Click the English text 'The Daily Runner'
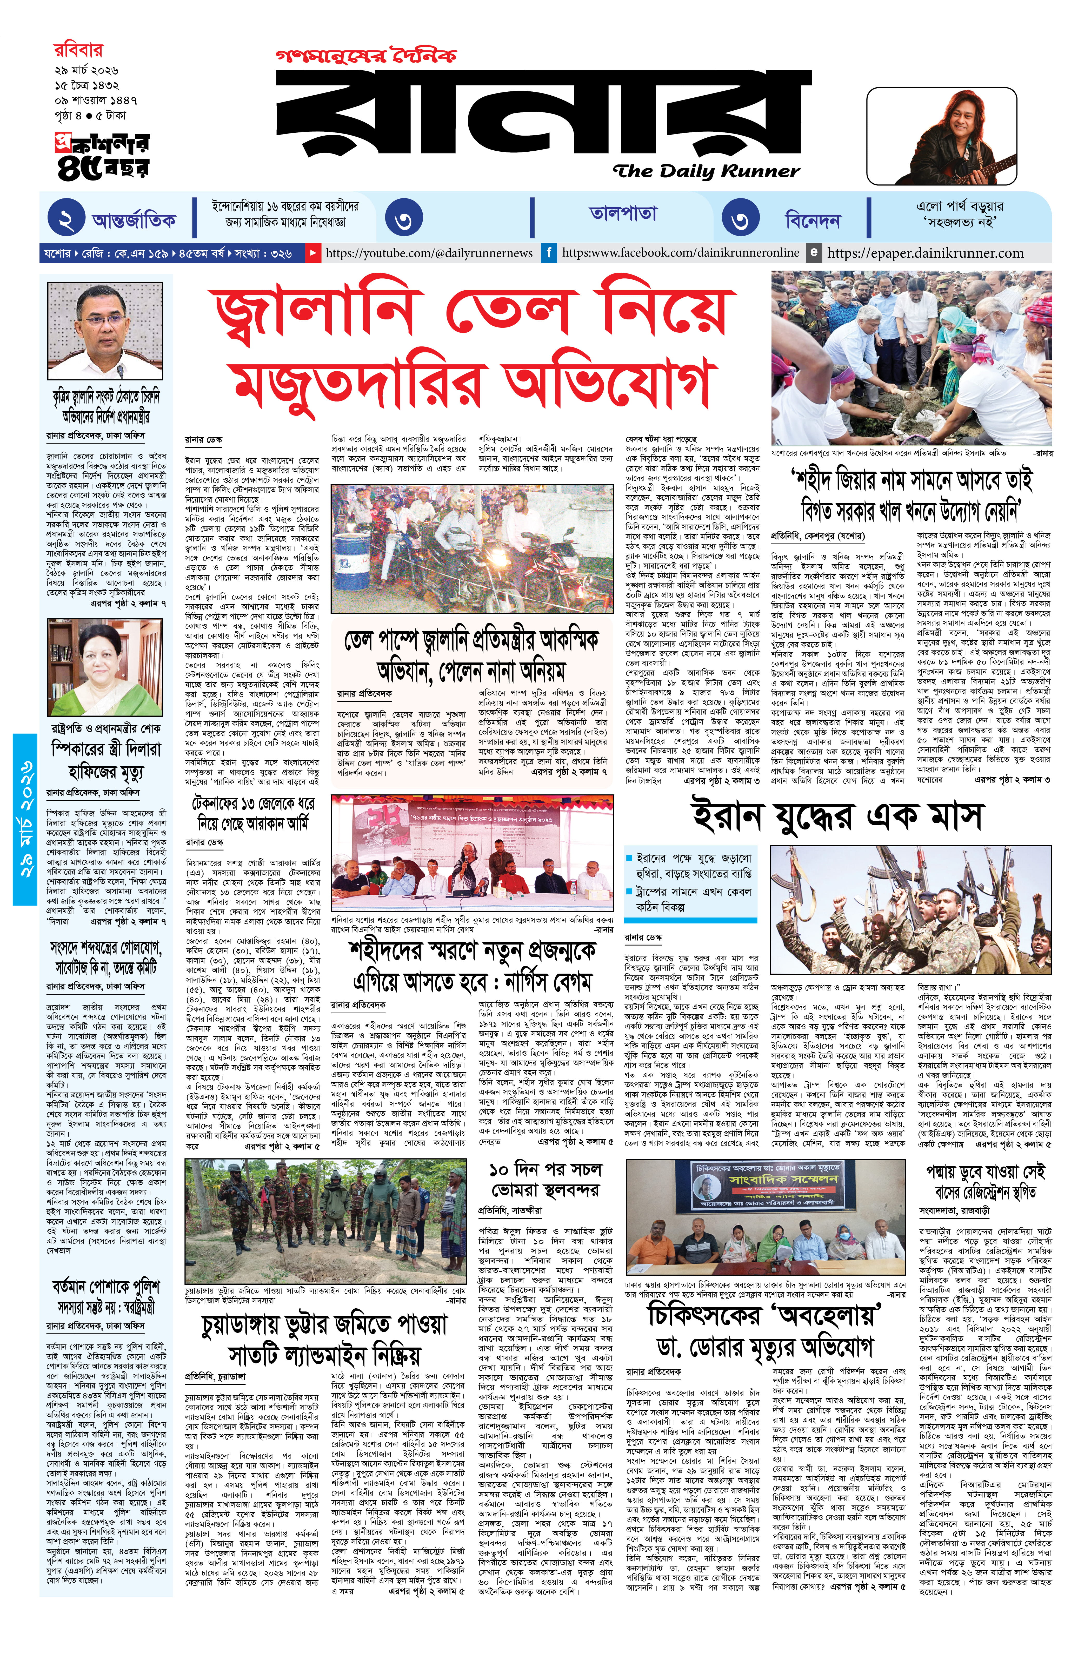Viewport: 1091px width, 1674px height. click(706, 171)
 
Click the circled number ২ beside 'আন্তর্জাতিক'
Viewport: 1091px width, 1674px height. click(66, 221)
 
